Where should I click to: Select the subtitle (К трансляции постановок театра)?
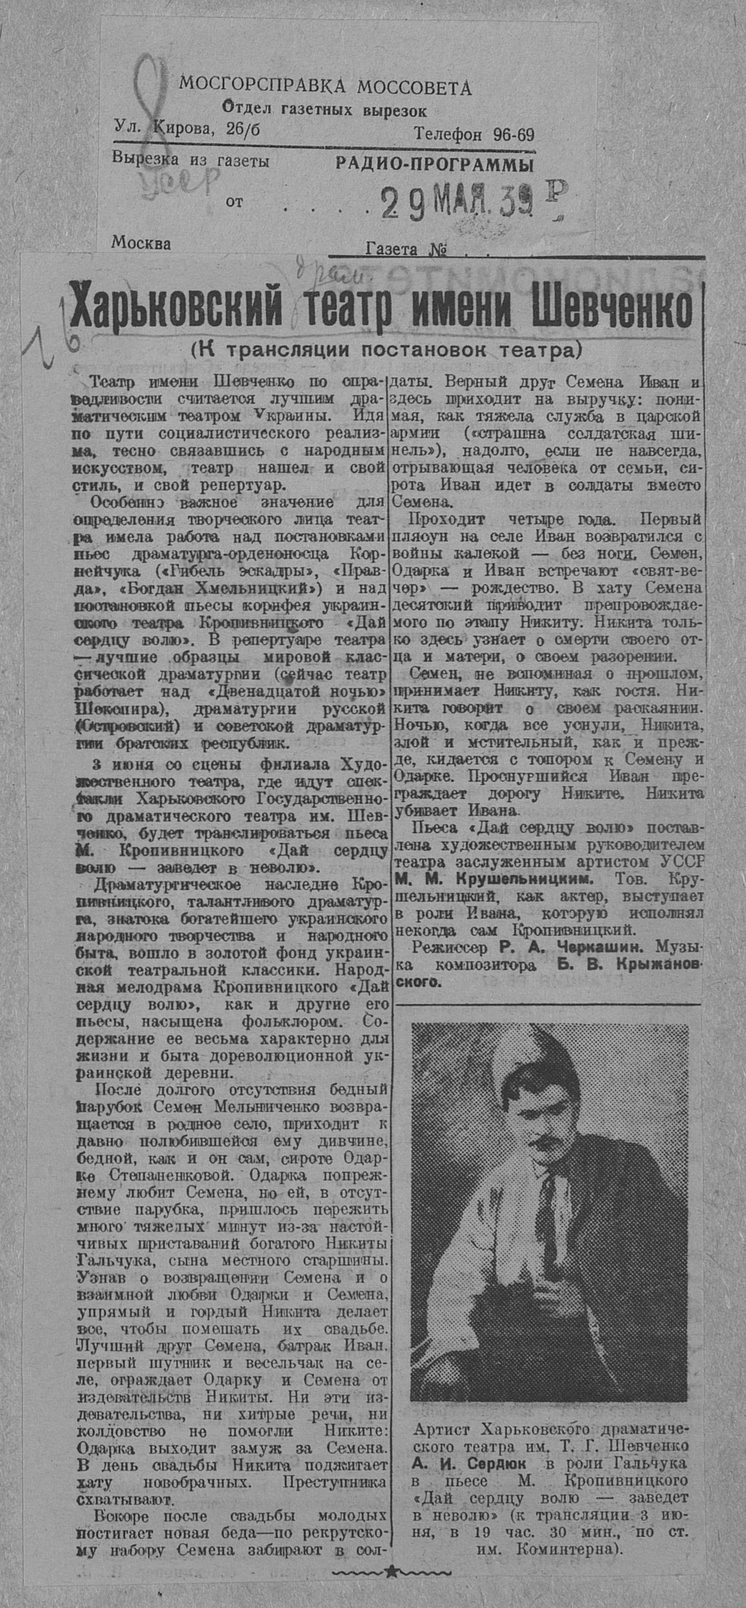pos(386,350)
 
